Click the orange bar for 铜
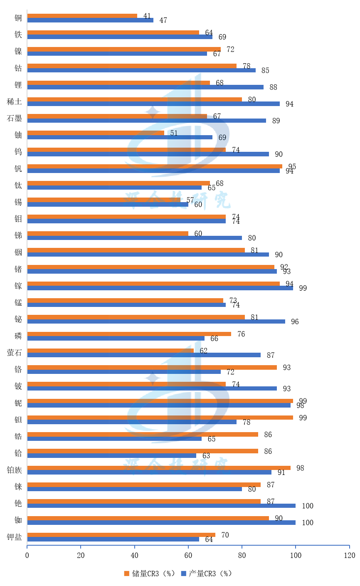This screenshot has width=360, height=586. [82, 16]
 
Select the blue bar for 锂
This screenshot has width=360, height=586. [145, 87]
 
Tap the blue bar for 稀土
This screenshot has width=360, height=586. [153, 104]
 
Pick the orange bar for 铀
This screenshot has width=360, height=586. [96, 133]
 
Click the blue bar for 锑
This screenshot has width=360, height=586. [134, 238]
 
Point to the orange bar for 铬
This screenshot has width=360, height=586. [152, 367]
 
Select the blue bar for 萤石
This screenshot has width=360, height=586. [144, 355]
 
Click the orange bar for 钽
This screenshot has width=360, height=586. [160, 418]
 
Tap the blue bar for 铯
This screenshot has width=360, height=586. [161, 506]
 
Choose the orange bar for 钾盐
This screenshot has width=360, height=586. [121, 535]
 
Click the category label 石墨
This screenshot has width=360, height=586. [14, 118]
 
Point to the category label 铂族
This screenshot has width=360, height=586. [14, 470]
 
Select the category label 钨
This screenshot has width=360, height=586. [18, 152]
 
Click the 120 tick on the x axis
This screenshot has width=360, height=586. [349, 555]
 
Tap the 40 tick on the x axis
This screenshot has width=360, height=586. [135, 555]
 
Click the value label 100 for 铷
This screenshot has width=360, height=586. [308, 522]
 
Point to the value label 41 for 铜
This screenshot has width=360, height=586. [147, 16]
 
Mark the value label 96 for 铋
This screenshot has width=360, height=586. [295, 321]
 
